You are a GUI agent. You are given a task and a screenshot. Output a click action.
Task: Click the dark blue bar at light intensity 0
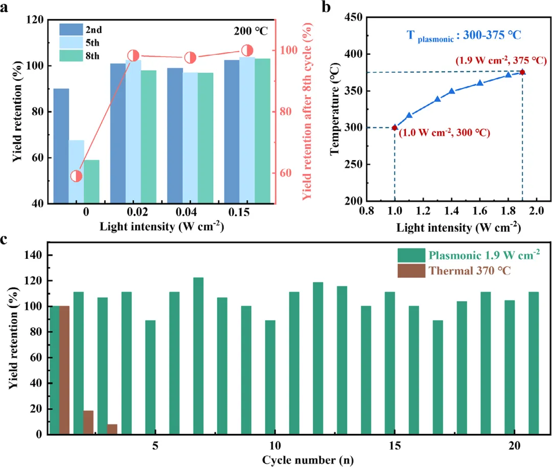click(x=61, y=146)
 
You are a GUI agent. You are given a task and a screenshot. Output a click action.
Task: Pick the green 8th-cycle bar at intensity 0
click(x=91, y=182)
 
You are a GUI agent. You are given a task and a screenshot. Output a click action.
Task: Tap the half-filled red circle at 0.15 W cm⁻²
click(x=247, y=50)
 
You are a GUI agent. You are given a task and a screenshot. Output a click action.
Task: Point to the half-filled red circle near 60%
click(x=76, y=176)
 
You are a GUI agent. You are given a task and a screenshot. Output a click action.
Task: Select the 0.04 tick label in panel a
click(x=190, y=213)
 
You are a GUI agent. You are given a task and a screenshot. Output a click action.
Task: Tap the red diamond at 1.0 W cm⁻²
click(x=395, y=127)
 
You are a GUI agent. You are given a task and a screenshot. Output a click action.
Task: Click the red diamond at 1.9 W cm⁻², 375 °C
click(x=522, y=72)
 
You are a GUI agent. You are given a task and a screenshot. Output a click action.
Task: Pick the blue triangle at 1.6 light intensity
click(x=480, y=83)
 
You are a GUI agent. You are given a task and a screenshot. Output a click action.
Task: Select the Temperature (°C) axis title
click(x=336, y=109)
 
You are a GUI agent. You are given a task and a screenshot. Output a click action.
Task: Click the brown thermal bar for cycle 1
click(x=64, y=370)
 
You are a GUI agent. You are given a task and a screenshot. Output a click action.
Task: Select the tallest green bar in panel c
click(x=198, y=355)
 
